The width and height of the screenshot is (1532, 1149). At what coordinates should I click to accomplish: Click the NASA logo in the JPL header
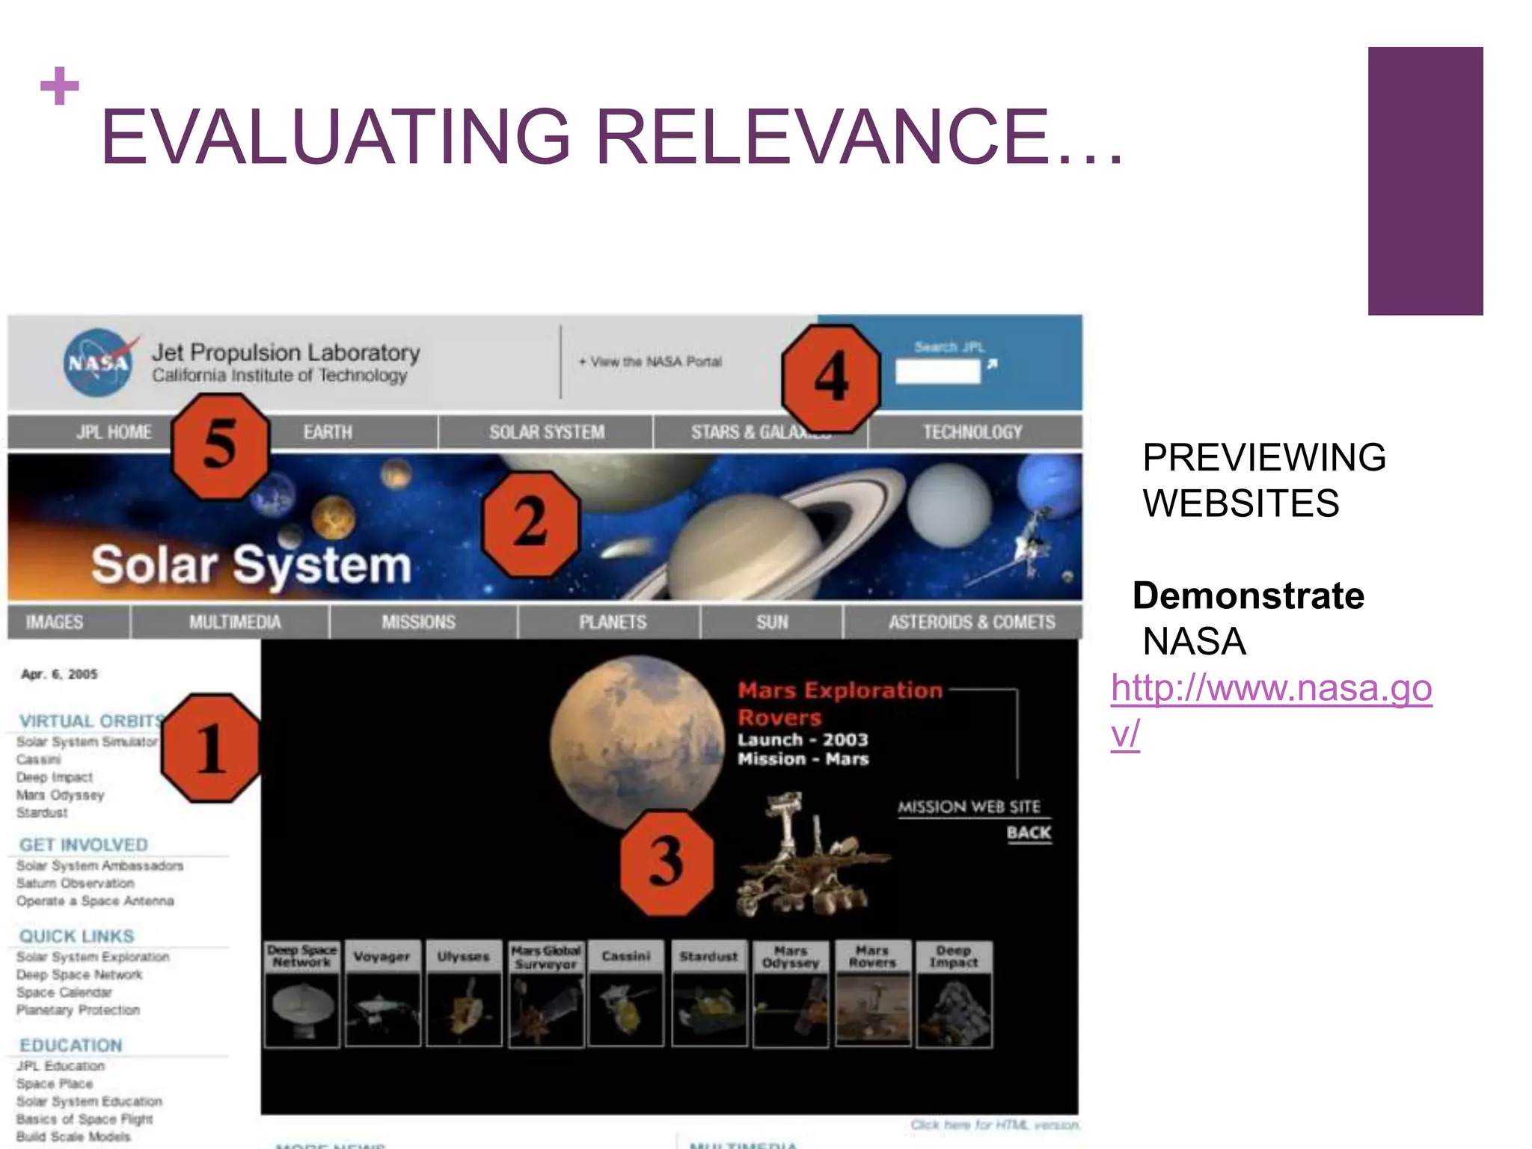point(99,363)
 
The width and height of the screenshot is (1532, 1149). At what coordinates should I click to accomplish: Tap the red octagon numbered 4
point(830,379)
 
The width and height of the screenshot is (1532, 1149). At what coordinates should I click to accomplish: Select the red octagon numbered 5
point(220,447)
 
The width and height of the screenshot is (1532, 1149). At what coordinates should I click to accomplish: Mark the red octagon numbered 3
point(667,862)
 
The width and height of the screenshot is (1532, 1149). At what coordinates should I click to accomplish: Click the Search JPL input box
point(937,372)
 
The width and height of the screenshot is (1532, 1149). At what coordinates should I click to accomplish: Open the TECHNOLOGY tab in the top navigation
point(972,432)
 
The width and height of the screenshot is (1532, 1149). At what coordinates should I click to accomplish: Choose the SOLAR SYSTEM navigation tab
point(546,432)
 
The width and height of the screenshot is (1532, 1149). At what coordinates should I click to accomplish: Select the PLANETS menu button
point(612,622)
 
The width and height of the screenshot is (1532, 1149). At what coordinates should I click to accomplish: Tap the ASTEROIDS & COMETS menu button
point(971,622)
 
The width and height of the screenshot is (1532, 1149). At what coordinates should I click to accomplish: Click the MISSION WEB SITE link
point(969,807)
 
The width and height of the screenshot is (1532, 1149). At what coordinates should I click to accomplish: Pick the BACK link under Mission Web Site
point(1029,833)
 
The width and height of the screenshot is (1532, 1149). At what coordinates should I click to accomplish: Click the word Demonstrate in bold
point(1248,596)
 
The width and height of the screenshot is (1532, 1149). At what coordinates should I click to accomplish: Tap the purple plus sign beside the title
point(60,86)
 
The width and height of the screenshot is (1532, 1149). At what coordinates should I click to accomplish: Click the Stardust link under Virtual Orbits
point(42,813)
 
